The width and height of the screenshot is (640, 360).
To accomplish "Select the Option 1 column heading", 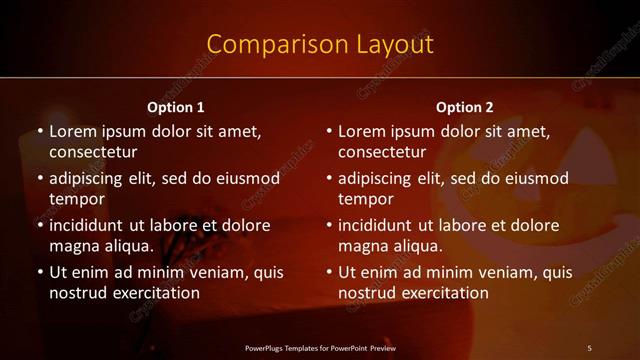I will coord(176,107).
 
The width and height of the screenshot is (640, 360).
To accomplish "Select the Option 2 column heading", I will coord(465,107).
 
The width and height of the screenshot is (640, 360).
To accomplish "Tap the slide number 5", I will coord(589,348).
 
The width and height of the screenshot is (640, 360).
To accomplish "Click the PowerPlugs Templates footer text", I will coord(320,348).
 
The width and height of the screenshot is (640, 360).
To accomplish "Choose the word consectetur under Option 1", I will coord(93,152).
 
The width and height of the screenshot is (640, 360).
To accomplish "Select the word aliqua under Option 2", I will coord(418,246).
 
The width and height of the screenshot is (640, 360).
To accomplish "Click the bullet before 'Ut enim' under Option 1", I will coord(40,272).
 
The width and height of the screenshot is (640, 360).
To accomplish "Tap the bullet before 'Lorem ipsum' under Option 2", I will coord(329,131).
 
